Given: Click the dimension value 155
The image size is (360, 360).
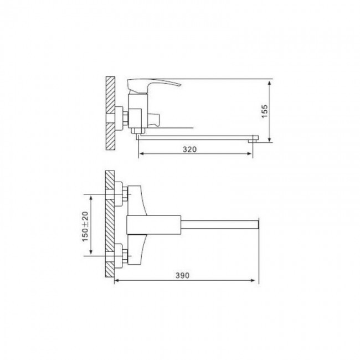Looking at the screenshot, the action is (265, 111).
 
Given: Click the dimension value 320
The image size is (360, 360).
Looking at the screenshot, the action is (189, 150).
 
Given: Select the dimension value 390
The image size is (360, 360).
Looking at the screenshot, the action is (183, 275).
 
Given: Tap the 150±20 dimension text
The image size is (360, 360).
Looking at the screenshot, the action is (85, 227).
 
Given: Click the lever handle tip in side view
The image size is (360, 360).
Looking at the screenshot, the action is (181, 85).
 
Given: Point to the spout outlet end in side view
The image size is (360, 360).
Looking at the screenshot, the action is (253, 141).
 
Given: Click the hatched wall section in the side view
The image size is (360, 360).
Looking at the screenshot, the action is (110, 113).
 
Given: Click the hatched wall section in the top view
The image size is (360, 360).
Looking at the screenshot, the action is (110, 224).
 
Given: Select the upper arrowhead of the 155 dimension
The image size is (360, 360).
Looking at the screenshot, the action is (270, 83).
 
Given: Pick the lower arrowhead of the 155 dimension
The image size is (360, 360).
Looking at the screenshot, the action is (270, 140).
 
